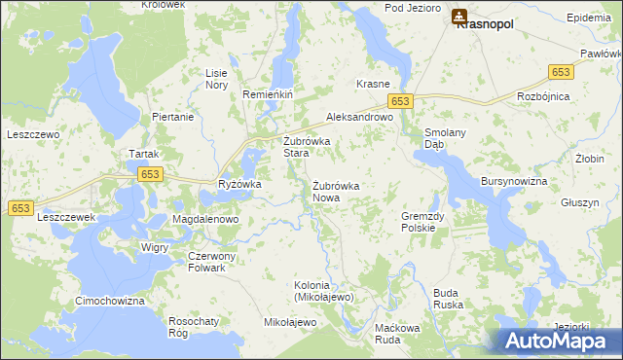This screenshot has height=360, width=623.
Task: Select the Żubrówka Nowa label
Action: pyautogui.click(x=336, y=191)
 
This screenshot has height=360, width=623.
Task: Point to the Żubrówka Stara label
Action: pyautogui.click(x=307, y=147)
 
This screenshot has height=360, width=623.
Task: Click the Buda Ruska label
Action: pyautogui.click(x=448, y=298)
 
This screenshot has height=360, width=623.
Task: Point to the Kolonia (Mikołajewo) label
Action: pyautogui.click(x=323, y=291)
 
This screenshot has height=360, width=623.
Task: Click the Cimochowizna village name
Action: pyautogui.click(x=110, y=302)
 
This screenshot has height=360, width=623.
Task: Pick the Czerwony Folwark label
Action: pyautogui.click(x=206, y=262)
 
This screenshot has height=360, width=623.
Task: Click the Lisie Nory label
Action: pyautogui.click(x=216, y=79)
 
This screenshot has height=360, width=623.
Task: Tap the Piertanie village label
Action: pyautogui.click(x=173, y=117)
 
